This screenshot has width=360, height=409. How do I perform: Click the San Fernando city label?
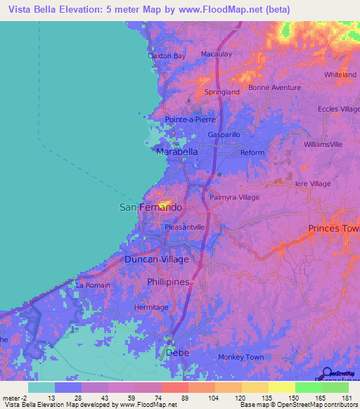[x=150, y=208]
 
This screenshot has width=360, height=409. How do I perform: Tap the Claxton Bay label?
[x=167, y=56]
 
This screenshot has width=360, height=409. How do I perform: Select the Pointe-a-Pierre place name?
[x=190, y=119]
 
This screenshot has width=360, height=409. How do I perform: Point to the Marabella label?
[x=176, y=152]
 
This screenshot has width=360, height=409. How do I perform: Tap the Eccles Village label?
[x=338, y=109]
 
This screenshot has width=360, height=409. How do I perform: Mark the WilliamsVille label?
[x=323, y=143]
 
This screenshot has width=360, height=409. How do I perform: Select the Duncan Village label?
[x=156, y=259]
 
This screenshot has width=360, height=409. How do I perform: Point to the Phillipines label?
[x=169, y=282]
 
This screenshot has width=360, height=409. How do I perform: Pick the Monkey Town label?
[x=240, y=357]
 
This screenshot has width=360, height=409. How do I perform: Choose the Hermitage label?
[x=151, y=307]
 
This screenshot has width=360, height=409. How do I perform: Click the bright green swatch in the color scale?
[x=309, y=387]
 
